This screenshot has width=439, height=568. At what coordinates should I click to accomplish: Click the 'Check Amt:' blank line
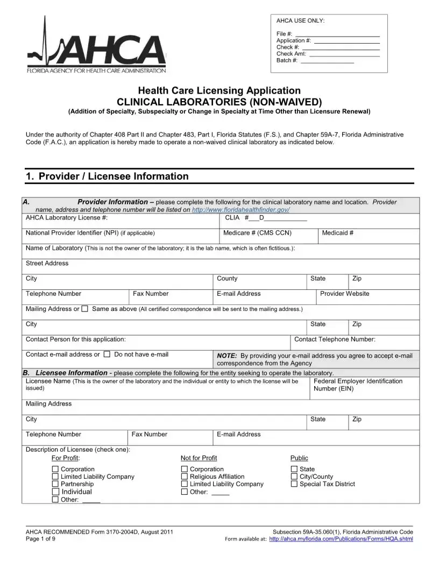coord(344,54)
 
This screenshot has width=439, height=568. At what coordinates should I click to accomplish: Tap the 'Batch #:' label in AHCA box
coord(287,60)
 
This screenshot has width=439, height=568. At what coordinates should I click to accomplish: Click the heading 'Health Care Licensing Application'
coord(219,90)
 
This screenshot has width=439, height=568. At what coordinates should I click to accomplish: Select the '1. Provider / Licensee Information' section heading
coord(107,176)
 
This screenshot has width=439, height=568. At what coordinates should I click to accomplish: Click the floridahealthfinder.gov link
coord(240,210)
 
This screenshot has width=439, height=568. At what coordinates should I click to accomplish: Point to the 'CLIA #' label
coord(236,218)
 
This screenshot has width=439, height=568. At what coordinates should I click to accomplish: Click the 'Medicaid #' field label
coord(337,233)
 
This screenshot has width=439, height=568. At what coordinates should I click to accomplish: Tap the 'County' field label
coord(227,279)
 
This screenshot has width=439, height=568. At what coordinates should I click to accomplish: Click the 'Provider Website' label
coord(344,294)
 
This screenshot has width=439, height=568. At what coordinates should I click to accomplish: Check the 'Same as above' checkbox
coord(84,309)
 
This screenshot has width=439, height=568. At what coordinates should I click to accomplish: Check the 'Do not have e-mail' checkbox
coord(107,354)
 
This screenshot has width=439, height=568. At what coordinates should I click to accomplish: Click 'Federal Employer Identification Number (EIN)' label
coord(357,385)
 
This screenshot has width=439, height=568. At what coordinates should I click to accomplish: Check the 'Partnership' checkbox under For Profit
coord(55,484)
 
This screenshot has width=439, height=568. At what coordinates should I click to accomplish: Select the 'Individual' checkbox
coord(55,492)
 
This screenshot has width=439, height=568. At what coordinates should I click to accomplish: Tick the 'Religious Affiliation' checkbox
coord(185,477)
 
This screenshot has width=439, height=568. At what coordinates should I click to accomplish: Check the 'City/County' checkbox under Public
coord(294,477)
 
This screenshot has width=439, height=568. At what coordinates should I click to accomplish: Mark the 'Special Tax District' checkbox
coord(294,484)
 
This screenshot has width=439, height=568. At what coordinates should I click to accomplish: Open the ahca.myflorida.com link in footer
coord(341,539)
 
